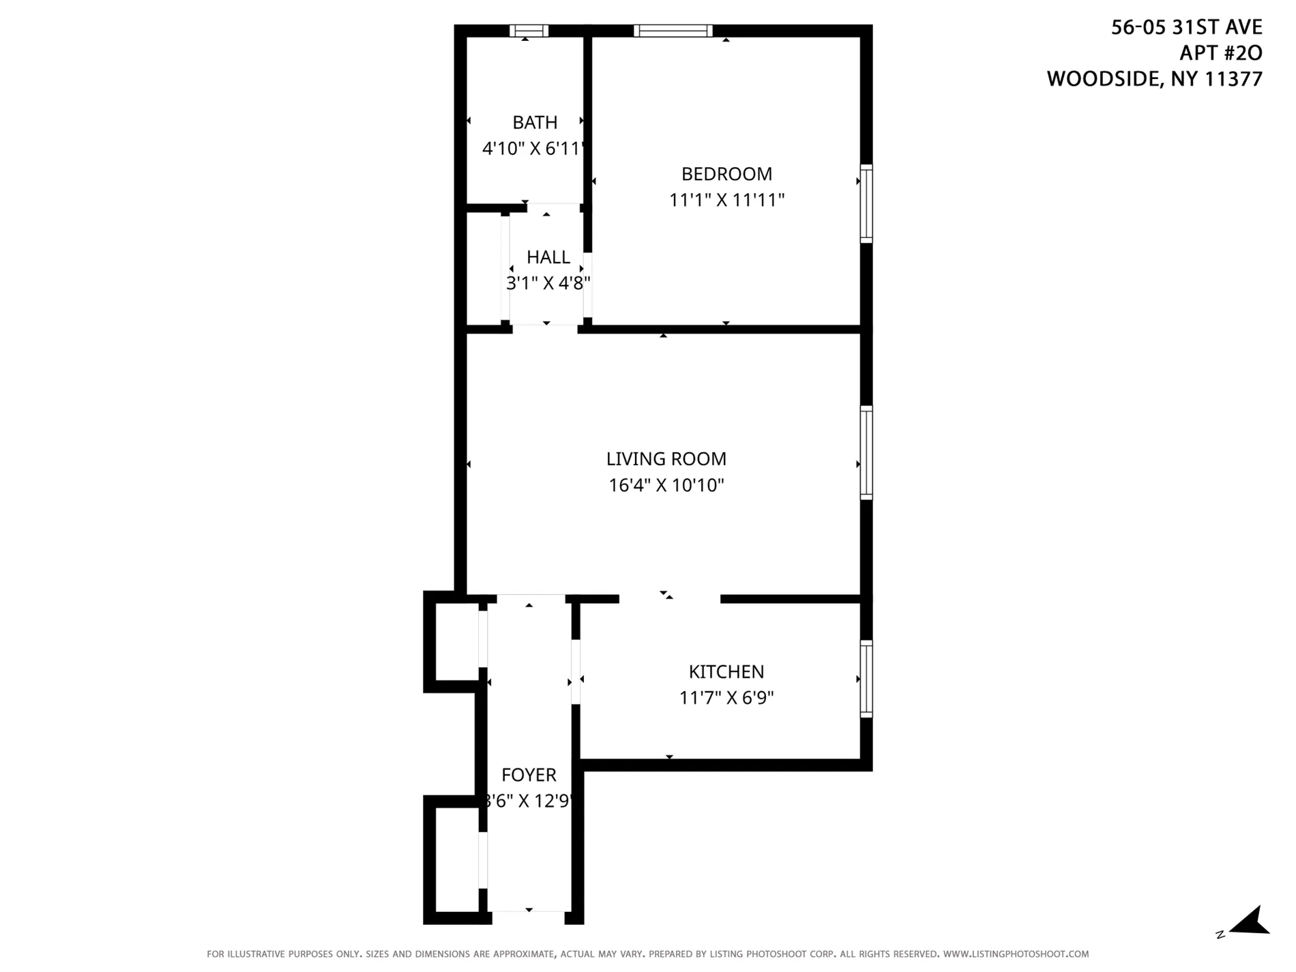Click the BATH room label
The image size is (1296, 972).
point(535,123)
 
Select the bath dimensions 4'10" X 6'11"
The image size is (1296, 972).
point(533,149)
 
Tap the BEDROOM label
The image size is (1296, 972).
point(726,174)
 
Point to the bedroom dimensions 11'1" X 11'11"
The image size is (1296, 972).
point(726,201)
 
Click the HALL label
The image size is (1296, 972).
point(548,257)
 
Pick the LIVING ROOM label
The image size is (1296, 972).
point(666,459)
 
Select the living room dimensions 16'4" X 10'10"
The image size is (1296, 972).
point(666,486)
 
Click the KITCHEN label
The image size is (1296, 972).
point(726,672)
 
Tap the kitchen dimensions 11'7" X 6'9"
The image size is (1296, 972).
point(726,698)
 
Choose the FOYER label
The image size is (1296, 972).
point(529,775)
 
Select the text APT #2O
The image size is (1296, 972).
point(1220,53)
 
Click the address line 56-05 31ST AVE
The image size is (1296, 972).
point(1186,27)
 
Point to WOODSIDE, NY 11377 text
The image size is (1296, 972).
point(1154,79)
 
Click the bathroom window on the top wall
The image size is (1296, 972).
point(529,31)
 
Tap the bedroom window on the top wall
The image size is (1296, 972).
point(673,31)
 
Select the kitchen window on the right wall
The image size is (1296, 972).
point(866,679)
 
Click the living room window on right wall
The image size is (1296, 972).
point(866,453)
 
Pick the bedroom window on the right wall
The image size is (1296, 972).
point(866,203)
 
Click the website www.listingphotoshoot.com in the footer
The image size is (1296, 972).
point(1016,954)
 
